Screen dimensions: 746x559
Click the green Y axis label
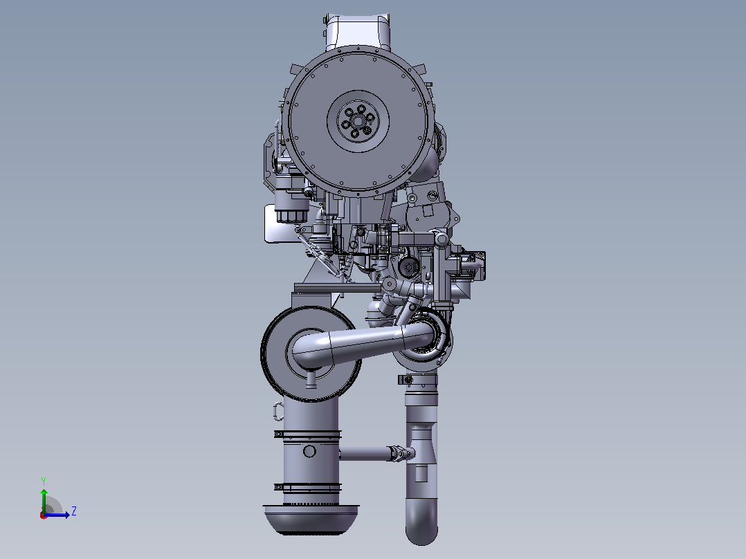pos(44,481)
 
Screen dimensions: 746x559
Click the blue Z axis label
pos(74,511)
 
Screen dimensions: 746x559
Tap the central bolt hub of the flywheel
pos(358,121)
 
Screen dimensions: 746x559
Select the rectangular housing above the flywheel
pos(357,32)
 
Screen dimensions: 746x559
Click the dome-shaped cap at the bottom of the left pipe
pos(311,520)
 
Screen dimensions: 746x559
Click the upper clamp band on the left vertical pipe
pos(307,435)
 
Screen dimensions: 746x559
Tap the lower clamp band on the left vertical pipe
pos(307,487)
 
